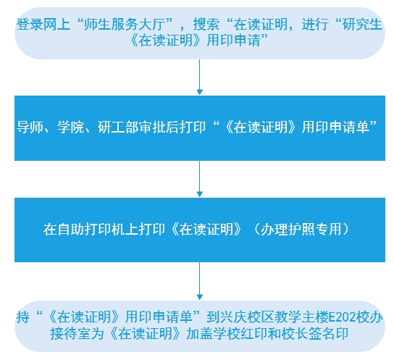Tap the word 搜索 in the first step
pyautogui.click(x=206, y=25)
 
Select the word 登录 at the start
pyautogui.click(x=30, y=25)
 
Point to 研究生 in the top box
pyautogui.click(x=363, y=25)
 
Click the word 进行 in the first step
pyautogui.click(x=315, y=25)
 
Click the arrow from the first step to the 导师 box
pyautogui.click(x=199, y=77)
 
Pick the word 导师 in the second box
pyautogui.click(x=30, y=127)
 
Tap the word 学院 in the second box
pyautogui.click(x=70, y=127)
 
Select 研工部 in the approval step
pyautogui.click(x=117, y=127)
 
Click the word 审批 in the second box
pyautogui.click(x=151, y=127)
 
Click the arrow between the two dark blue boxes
pyautogui.click(x=199, y=179)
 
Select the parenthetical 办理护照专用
pyautogui.click(x=301, y=229)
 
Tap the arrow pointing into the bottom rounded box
pyautogui.click(x=199, y=281)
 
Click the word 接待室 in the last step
pyautogui.click(x=70, y=334)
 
